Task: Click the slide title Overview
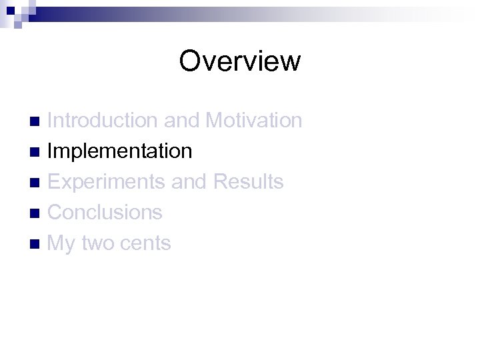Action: (x=240, y=61)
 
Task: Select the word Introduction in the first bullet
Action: (x=103, y=121)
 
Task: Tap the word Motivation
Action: (x=253, y=121)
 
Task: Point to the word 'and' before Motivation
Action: (x=181, y=121)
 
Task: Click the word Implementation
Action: (x=120, y=151)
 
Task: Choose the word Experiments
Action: (x=107, y=182)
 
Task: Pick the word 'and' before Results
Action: (x=189, y=182)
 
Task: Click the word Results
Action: (x=248, y=182)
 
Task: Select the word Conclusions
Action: (x=105, y=213)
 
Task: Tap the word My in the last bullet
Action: (x=62, y=244)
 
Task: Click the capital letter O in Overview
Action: (x=191, y=61)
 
